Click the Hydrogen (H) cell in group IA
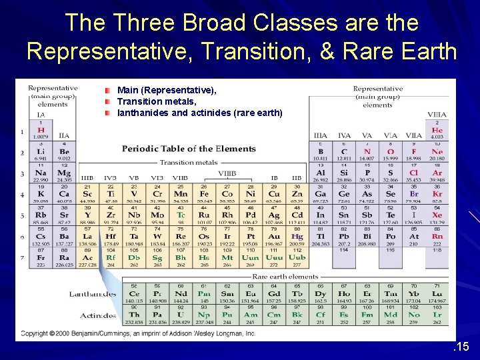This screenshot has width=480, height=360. pos(41,130)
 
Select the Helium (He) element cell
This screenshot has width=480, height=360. pos(437,130)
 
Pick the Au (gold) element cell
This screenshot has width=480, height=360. pos(273,237)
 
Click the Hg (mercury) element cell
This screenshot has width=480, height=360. pos(297,237)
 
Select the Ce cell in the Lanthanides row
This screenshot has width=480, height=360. pos(133,293)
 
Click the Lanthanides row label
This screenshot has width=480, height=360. pos(93,294)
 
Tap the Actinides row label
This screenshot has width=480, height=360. pos(99,315)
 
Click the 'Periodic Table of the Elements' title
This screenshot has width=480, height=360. pos(189,149)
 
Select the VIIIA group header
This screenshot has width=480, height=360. pos(437,115)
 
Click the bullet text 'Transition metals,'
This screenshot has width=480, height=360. pos(157,101)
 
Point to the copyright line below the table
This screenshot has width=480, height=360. pos(138,333)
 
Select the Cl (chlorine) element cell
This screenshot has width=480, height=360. pos(414,173)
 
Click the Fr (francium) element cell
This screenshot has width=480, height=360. pos(41,257)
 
